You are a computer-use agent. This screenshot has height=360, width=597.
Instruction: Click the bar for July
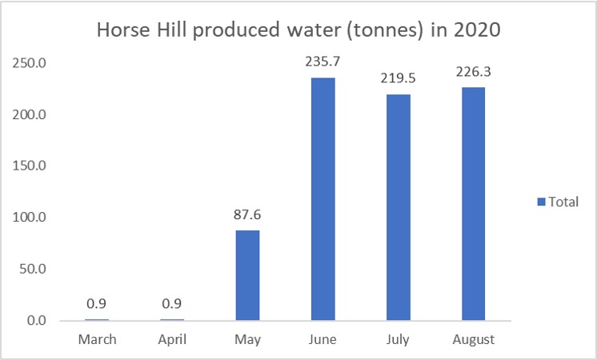pyautogui.click(x=398, y=207)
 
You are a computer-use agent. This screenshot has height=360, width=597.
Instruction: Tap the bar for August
pyautogui.click(x=473, y=203)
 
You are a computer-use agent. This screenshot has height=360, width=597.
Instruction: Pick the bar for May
pyautogui.click(x=247, y=275)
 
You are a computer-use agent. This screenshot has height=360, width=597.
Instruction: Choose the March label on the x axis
pyautogui.click(x=97, y=339)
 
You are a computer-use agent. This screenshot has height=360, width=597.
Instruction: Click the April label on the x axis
pyautogui.click(x=172, y=339)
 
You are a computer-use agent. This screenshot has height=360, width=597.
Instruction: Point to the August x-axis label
pyautogui.click(x=473, y=339)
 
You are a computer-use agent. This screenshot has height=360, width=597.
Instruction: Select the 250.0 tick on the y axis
pyautogui.click(x=30, y=62)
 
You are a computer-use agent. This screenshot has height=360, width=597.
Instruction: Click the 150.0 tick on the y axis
pyautogui.click(x=30, y=166)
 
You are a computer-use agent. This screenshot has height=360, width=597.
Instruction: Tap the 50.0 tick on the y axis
pyautogui.click(x=33, y=269)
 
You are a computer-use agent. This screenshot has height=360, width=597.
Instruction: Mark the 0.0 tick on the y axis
pyautogui.click(x=36, y=321)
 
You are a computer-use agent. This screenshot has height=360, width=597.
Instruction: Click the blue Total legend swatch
pyautogui.click(x=542, y=202)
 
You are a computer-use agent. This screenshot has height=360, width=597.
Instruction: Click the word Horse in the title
pyautogui.click(x=121, y=30)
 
